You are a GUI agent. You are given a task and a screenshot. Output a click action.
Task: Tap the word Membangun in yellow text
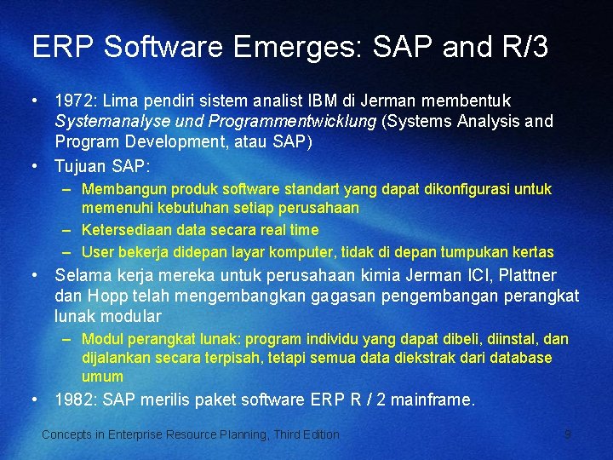pos(118,188)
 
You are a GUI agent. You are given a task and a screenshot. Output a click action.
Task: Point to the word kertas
pos(532,252)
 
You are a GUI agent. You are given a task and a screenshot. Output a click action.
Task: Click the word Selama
pos(81,275)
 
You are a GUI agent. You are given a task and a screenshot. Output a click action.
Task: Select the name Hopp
pos(105,296)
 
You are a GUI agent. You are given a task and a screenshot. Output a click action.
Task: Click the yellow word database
pos(521,358)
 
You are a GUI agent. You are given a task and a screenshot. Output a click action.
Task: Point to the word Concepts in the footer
pos(66,434)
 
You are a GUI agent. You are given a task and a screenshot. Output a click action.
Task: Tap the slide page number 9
pos(567,434)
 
